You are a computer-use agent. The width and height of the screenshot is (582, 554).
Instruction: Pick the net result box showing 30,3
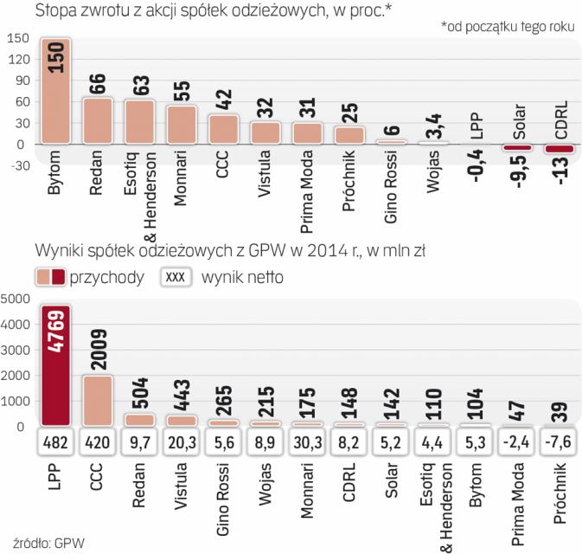tap(310, 444)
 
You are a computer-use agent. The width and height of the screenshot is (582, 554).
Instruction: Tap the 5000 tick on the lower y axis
tap(16, 300)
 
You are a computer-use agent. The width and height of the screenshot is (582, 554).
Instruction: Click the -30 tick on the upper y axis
tap(16, 165)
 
